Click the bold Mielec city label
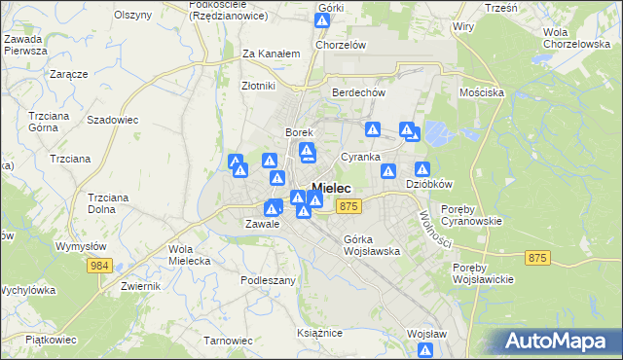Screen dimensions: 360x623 coord(331,188)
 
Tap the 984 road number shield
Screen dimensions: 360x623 coord(102,265)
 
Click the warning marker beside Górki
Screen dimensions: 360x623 coord(324,20)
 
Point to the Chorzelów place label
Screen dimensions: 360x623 coord(340,45)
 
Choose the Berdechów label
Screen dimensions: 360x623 coord(360,92)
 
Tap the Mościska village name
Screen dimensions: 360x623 coord(481,92)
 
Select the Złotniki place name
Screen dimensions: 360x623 coord(261,85)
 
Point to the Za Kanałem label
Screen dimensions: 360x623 coord(270,54)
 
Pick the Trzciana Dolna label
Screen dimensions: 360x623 coord(108,201)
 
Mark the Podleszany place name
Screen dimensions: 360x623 coord(268,279)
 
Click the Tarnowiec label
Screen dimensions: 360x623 coord(228,341)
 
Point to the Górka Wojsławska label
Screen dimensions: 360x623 coord(372,245)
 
